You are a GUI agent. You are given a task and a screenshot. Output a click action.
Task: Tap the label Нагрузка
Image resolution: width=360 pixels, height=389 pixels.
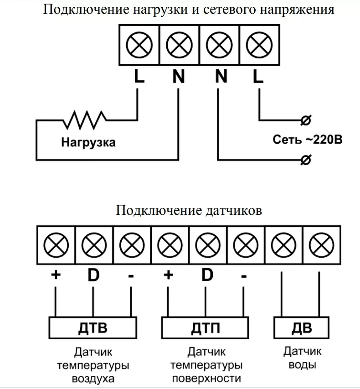point(88,142)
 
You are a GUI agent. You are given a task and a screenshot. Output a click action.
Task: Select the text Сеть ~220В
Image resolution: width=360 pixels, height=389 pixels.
point(307,140)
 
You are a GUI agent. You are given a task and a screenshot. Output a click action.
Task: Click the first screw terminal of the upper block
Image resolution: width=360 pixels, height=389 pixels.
point(139,46)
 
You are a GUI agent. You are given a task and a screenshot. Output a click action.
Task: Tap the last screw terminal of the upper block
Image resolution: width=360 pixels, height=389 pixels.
point(258,46)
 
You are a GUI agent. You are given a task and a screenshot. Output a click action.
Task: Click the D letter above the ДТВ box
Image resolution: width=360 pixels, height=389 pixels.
point(93,276)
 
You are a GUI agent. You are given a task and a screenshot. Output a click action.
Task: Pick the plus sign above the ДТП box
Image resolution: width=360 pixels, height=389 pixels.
point(169,275)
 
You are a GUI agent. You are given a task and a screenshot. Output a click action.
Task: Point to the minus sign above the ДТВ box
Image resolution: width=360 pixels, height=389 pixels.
point(131,276)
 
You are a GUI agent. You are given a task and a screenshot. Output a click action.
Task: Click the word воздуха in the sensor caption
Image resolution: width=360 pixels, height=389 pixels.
point(93,379)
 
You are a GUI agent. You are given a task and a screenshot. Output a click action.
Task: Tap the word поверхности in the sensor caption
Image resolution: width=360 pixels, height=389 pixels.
point(206,379)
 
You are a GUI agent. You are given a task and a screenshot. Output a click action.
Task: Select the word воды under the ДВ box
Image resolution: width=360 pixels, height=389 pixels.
point(302,365)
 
